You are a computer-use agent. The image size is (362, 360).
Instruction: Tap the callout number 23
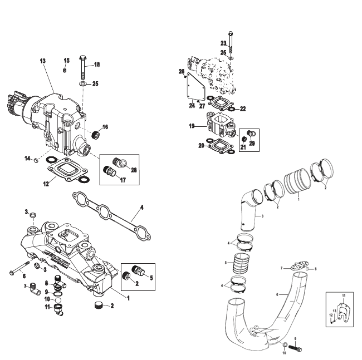tap(223, 43)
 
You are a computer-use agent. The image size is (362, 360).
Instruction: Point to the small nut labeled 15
tap(65, 70)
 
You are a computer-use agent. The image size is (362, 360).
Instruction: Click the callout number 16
tap(105, 127)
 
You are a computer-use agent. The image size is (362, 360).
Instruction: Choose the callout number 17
tap(123, 180)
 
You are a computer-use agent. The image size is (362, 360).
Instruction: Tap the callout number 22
tap(242, 109)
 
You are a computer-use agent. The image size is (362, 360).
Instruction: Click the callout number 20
tap(200, 145)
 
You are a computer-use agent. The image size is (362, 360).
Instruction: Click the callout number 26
tap(181, 71)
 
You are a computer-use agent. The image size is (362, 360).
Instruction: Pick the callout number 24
tap(191, 105)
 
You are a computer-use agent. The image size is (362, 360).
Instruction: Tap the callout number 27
tap(202, 105)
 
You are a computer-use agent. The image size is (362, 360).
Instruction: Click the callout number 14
tap(26, 159)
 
